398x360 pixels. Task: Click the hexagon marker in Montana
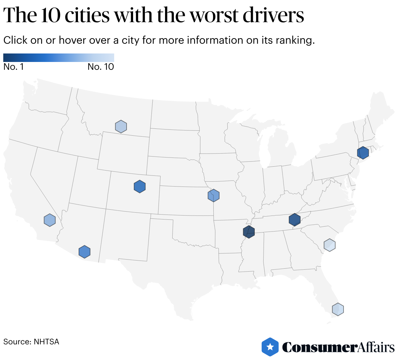pos(121,127)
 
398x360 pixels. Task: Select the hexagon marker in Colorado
pos(140,187)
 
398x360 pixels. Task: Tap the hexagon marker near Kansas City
pos(214,195)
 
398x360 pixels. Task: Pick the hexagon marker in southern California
pos(50,220)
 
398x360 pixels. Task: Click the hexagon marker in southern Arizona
pos(84,252)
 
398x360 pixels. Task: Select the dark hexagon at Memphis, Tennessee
pos(249,232)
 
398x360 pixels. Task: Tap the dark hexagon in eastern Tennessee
pos(295,219)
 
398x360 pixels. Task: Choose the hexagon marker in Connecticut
pos(363,153)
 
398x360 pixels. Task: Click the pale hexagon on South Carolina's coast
pos(329,245)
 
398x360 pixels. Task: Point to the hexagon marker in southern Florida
pos(338,309)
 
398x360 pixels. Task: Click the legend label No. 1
pos(13,67)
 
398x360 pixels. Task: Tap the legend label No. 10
pos(101,67)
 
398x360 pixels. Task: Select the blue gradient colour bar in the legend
pos(59,58)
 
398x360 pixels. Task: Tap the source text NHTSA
pos(47,342)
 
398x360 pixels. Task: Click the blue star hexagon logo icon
pos(270,347)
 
